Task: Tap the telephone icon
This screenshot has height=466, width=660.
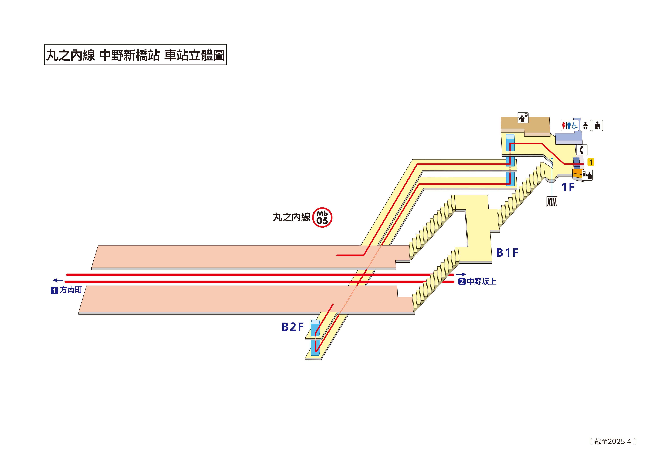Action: click(x=582, y=150)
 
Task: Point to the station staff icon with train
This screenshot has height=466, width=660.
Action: click(x=523, y=118)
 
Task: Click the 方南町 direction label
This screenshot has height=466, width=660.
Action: click(x=71, y=290)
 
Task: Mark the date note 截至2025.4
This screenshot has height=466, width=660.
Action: click(x=613, y=441)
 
